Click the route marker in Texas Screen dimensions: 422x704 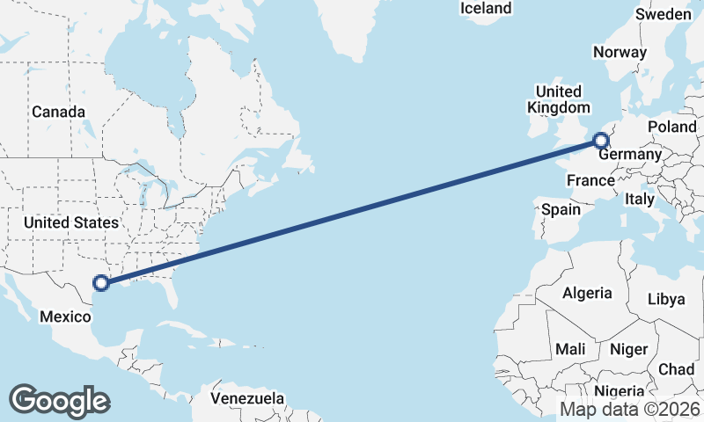(101, 282)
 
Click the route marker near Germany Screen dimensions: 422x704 (600, 140)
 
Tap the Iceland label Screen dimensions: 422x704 (486, 8)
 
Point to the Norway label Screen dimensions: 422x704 (620, 52)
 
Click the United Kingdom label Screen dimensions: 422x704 (558, 99)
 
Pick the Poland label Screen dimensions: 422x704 (671, 127)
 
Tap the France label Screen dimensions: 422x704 (590, 181)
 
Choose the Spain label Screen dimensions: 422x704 (561, 209)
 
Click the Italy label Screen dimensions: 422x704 (639, 200)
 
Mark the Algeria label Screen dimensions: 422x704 (586, 293)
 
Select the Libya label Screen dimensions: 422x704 (665, 299)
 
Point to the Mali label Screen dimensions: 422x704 (570, 349)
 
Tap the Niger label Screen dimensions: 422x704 (627, 349)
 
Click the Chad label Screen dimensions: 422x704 (676, 369)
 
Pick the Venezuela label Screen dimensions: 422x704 (247, 398)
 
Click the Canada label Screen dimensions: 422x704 (58, 112)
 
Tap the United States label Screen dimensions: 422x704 (70, 222)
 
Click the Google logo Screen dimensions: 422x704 (59, 400)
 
